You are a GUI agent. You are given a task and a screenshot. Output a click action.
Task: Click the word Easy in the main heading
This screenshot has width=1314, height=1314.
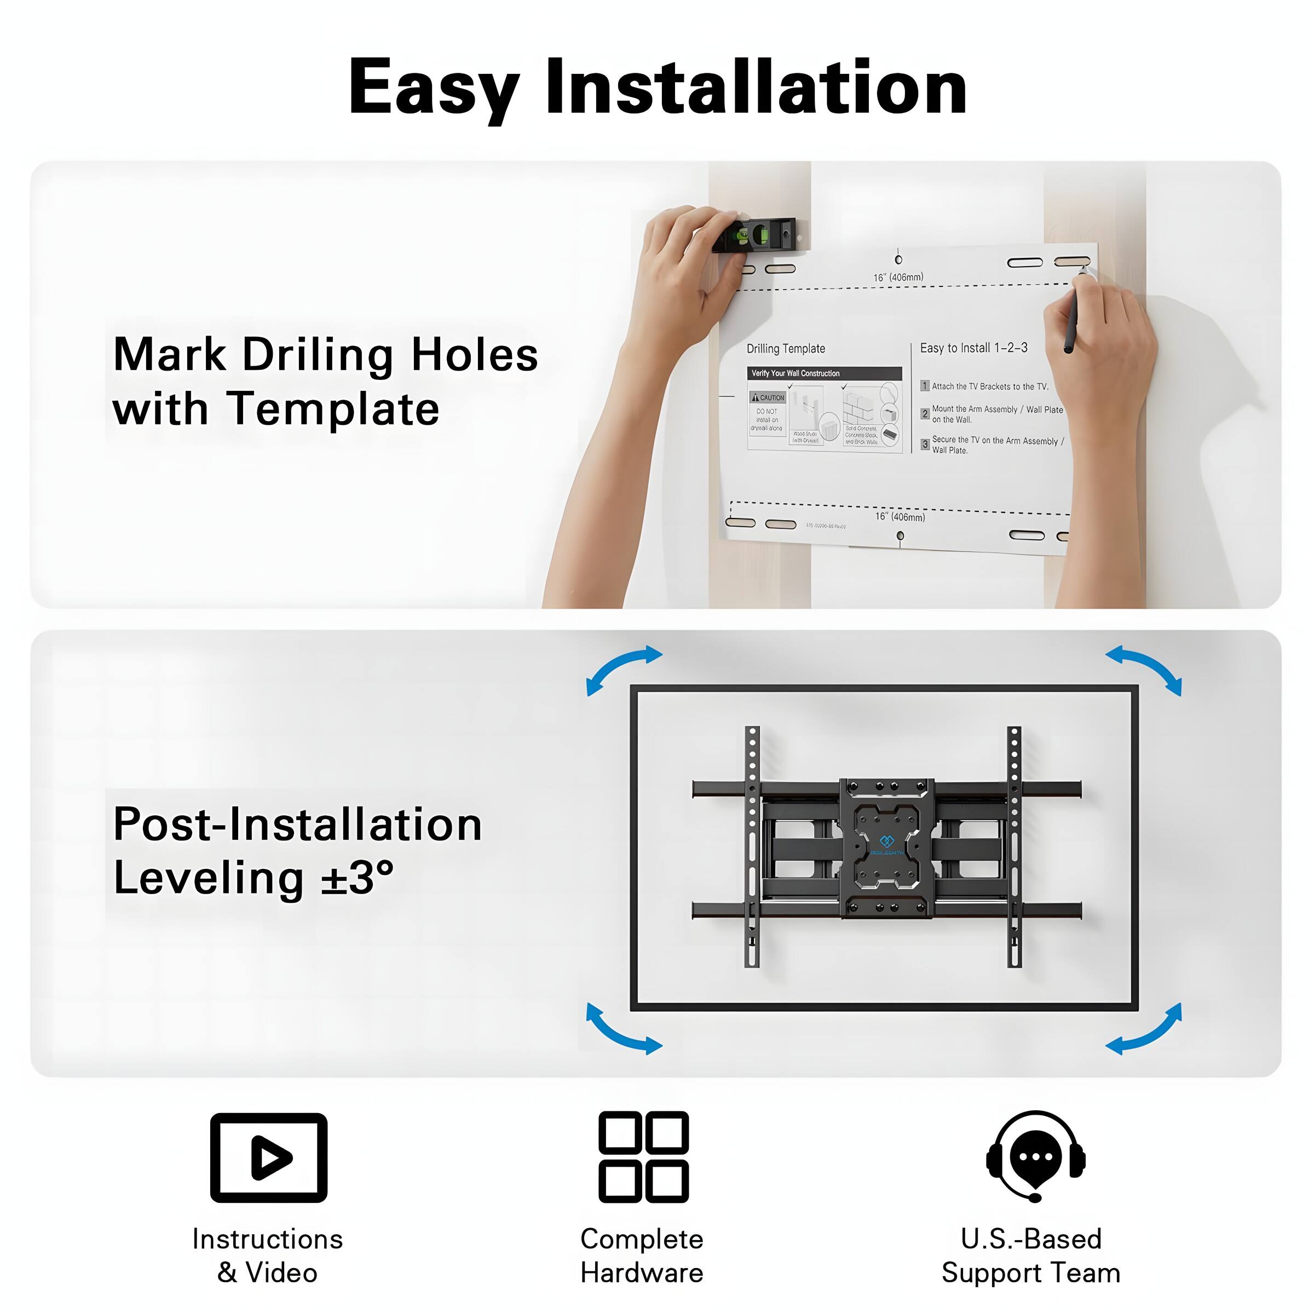click(x=434, y=88)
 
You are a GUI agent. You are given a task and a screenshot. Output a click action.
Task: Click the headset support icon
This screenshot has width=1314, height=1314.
click(x=1035, y=1156)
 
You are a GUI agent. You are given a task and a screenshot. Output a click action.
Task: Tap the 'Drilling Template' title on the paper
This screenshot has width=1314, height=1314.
click(x=786, y=349)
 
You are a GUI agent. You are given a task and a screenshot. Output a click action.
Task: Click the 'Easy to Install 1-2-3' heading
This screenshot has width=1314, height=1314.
click(x=973, y=348)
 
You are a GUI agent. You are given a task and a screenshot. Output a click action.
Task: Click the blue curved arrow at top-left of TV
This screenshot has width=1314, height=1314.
click(x=623, y=668)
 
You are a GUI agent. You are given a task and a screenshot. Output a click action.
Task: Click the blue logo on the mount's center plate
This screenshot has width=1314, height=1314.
click(x=887, y=842)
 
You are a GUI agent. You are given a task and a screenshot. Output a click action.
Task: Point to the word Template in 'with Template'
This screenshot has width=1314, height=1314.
click(x=333, y=410)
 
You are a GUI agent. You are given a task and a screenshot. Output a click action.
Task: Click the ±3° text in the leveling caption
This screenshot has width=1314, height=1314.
click(x=358, y=877)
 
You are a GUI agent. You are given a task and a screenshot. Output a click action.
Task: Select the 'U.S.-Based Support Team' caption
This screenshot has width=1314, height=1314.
click(x=1030, y=1255)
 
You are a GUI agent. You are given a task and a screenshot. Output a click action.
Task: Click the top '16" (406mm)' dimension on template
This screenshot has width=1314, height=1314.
click(x=898, y=278)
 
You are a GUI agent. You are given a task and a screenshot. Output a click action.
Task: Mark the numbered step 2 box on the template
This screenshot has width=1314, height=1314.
click(x=925, y=413)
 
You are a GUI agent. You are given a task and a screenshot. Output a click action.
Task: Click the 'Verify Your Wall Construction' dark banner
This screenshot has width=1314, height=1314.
click(x=825, y=373)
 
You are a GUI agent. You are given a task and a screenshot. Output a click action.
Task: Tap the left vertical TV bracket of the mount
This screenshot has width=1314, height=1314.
click(x=752, y=847)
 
